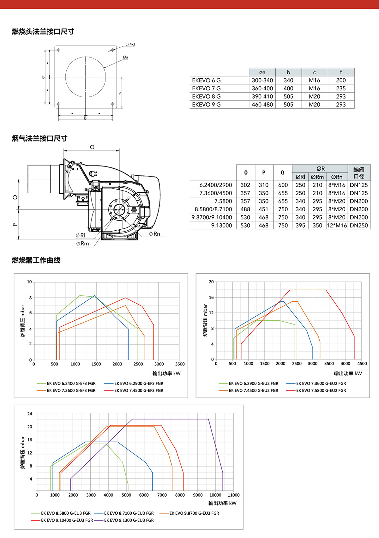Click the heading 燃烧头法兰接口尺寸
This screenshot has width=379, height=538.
tap(43, 32)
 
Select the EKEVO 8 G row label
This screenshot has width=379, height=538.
tap(206, 96)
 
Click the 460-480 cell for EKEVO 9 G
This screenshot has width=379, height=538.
tap(262, 105)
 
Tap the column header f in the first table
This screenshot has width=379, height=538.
tap(341, 72)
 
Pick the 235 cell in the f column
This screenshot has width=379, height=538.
tap(341, 88)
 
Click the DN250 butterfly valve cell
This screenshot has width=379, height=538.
tap(359, 226)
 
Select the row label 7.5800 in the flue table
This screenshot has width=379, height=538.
tap(223, 201)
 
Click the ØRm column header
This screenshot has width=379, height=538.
tap(317, 177)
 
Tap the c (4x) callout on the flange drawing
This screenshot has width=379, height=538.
tap(130, 45)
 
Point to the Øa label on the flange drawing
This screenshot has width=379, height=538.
tap(126, 57)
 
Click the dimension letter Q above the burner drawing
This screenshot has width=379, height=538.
tap(92, 147)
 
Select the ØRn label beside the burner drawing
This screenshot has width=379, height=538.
tap(155, 234)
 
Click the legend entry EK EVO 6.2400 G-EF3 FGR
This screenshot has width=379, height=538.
tap(71, 384)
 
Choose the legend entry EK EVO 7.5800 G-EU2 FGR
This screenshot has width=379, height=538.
tap(321, 391)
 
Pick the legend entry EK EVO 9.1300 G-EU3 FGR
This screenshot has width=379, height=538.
tap(129, 520)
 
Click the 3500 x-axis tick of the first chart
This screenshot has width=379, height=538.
tap(180, 364)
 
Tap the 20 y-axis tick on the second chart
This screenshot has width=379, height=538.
tap(211, 282)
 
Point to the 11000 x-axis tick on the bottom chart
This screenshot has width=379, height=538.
tap(233, 495)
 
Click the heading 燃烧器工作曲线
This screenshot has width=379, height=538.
tap(36, 260)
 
